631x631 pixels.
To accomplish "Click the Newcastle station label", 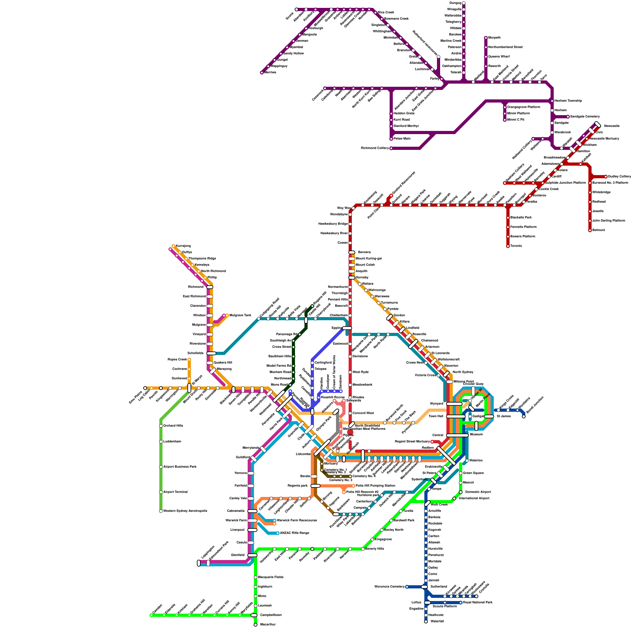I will [612, 126].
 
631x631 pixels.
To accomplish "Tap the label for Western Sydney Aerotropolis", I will [185, 511].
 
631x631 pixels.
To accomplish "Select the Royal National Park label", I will [478, 603].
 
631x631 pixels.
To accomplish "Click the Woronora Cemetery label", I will [389, 587].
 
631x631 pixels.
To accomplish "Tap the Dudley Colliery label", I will [620, 177].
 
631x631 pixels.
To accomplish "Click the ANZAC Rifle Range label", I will [294, 533].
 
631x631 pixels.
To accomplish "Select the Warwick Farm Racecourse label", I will [297, 521].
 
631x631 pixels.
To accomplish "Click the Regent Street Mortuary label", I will [412, 442].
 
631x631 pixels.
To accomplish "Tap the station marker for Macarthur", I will [256, 625].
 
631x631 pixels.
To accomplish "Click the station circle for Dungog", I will [464, 3].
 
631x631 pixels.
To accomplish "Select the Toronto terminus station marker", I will [508, 246].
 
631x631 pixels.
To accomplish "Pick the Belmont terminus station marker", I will [590, 230].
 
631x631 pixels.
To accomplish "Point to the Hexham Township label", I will [568, 101].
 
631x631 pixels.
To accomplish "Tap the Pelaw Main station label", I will [402, 139].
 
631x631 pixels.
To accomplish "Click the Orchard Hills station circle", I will [161, 426].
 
